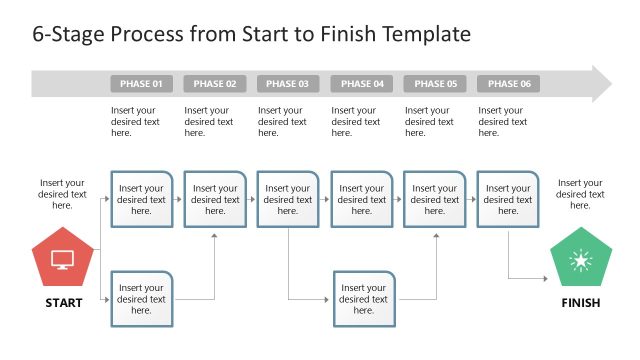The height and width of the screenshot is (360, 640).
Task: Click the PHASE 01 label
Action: point(141,84)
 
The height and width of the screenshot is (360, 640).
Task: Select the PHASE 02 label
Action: point(215,84)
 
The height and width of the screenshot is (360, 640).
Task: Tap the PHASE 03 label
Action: point(288,84)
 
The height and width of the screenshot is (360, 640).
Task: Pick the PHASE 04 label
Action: point(361,84)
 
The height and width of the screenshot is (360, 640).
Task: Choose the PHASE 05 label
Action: point(435,84)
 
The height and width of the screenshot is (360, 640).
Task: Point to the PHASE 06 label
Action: point(508,84)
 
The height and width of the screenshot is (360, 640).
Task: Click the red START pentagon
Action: point(62,259)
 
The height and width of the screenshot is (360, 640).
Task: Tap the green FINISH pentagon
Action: point(580,260)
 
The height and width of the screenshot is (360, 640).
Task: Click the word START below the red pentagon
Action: point(63,303)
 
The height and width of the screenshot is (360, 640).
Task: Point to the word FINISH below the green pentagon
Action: point(580,303)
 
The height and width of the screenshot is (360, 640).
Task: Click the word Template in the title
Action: point(423,34)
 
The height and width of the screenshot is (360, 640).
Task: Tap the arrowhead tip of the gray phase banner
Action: point(610,84)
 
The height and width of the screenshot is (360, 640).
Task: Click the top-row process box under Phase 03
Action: point(288,199)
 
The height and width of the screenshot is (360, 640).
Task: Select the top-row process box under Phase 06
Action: point(508,199)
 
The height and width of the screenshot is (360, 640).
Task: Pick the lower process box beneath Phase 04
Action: point(364,299)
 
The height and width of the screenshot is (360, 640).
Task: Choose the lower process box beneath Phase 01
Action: point(141,299)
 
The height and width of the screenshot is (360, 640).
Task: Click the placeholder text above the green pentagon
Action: point(580,194)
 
